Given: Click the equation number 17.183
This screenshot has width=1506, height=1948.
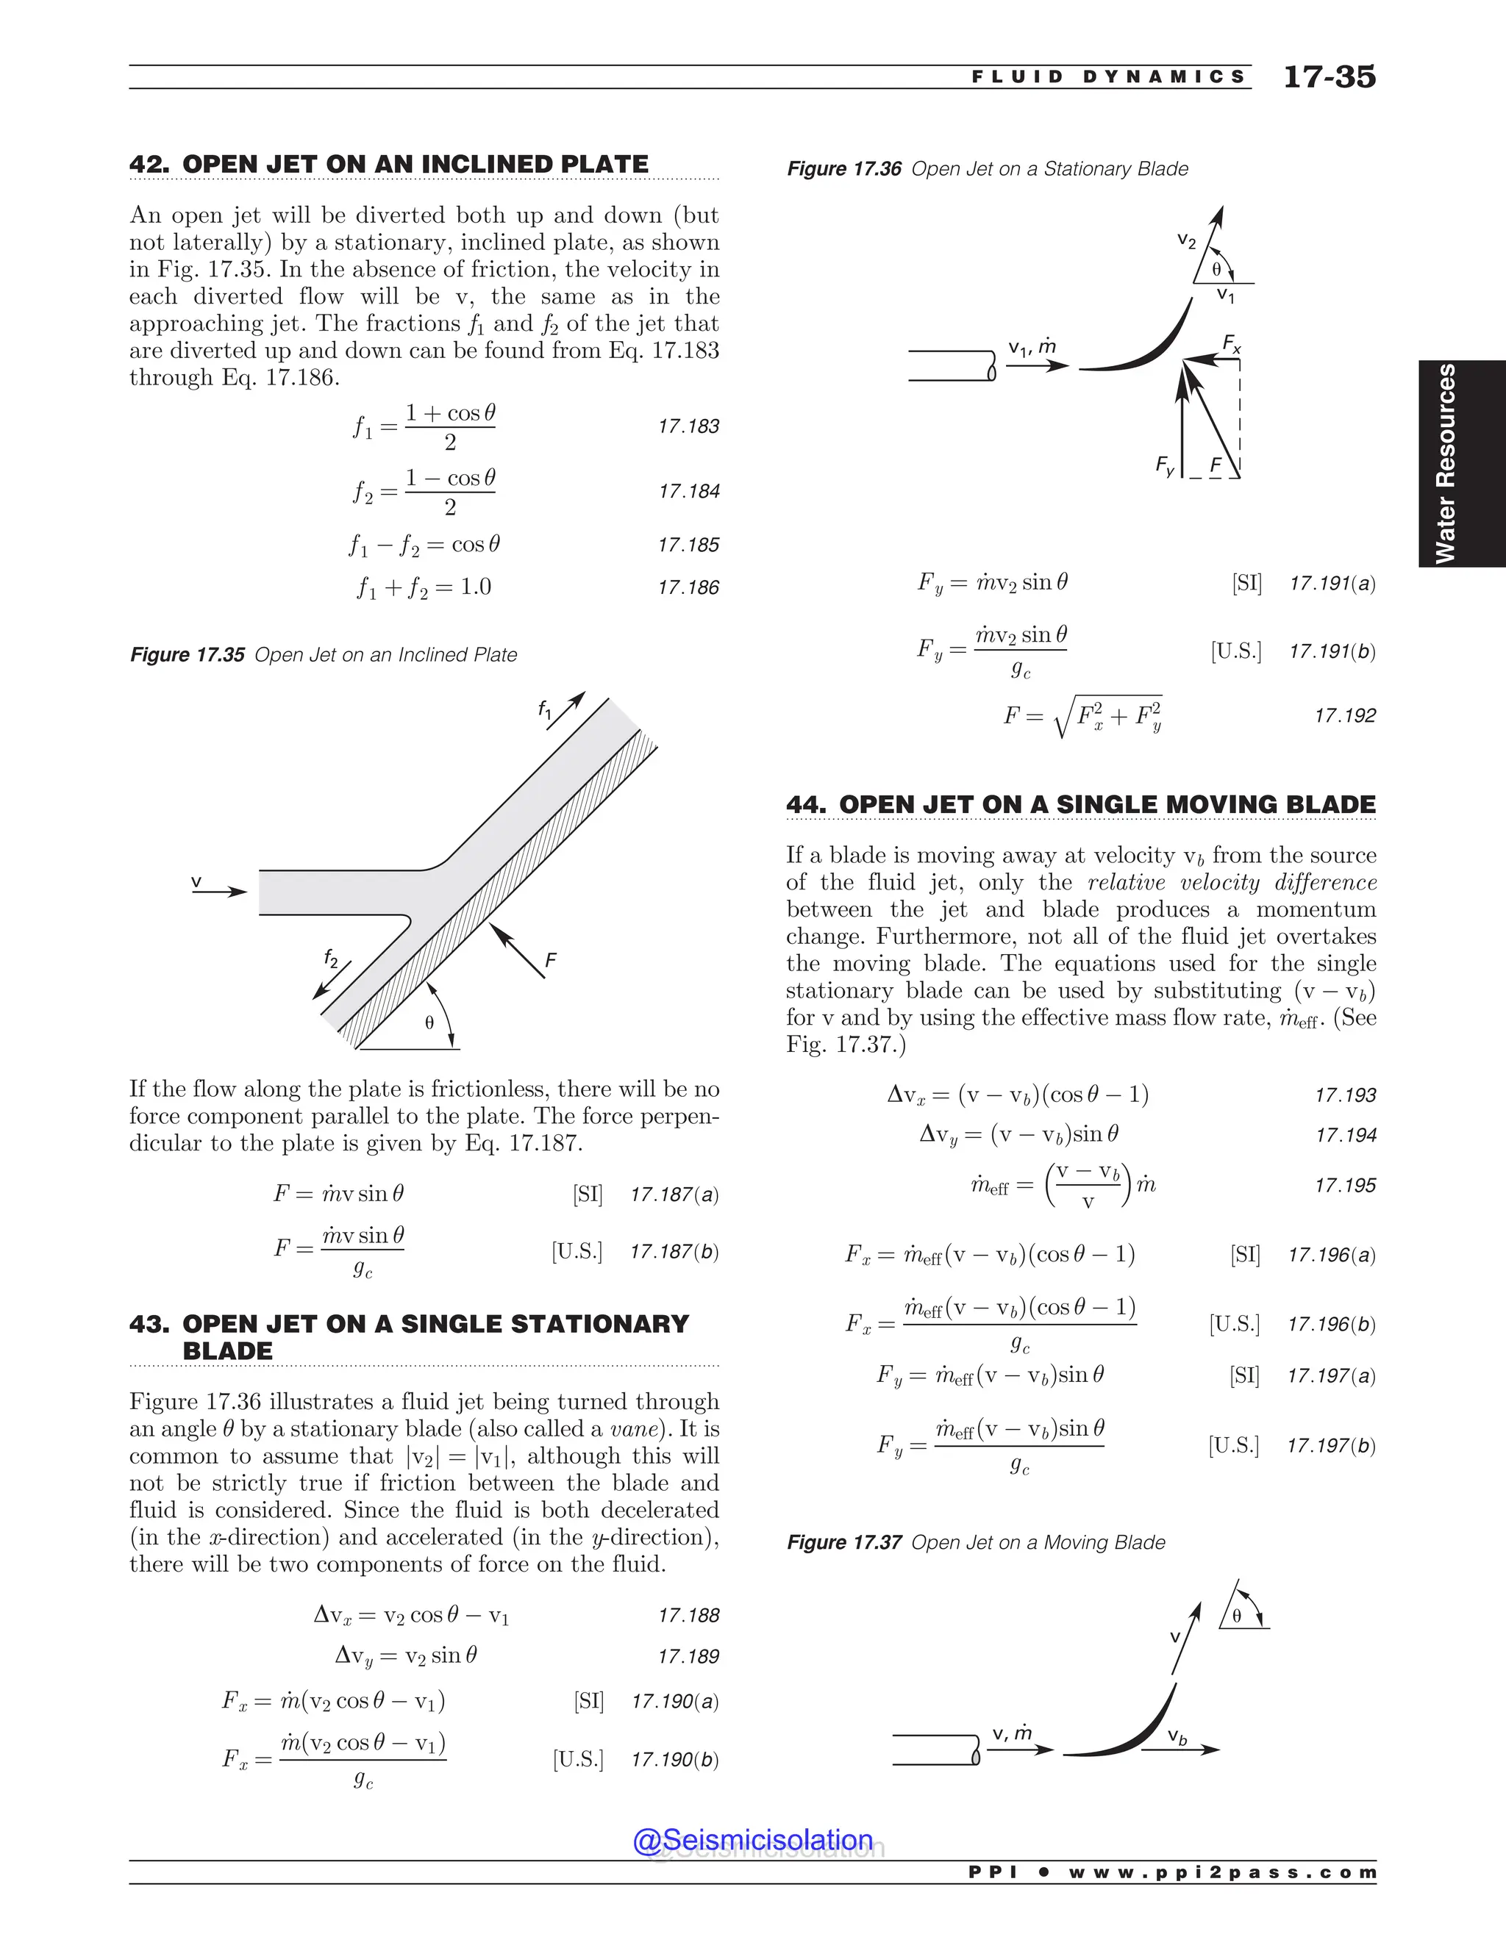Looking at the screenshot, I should point(688,426).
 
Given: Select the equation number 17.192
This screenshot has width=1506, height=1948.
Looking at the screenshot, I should point(1344,715).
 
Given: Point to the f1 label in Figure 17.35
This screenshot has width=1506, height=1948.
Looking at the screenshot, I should point(545,710).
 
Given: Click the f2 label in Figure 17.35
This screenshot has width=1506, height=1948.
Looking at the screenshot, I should point(331,959).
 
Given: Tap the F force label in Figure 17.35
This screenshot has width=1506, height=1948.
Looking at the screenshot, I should point(551,960).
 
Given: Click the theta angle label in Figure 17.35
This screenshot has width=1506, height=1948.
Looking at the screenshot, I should point(429,1023).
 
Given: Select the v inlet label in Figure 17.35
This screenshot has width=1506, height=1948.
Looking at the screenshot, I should point(196,882).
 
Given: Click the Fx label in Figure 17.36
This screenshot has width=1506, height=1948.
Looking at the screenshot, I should point(1231,343).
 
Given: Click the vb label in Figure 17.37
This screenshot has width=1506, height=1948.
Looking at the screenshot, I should point(1178,1736).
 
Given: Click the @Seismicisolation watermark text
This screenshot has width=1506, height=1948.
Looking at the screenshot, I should point(753,1840).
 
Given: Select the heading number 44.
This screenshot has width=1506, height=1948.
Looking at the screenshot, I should point(807,804).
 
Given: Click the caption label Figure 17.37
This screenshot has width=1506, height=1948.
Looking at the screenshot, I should point(843,1542).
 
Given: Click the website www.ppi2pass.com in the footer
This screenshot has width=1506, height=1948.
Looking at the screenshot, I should point(1222,1872).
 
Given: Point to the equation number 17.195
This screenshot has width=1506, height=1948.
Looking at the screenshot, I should point(1344,1186).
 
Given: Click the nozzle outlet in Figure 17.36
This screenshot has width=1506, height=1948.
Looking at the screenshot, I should point(991,365).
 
